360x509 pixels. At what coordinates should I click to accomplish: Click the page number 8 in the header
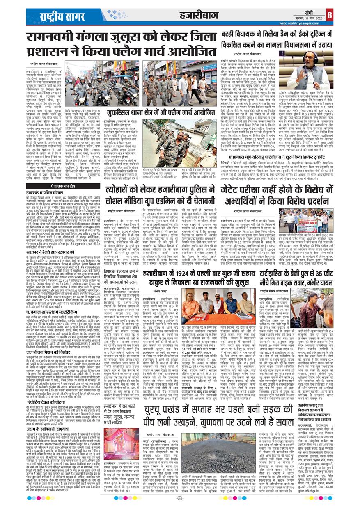click(353, 15)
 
